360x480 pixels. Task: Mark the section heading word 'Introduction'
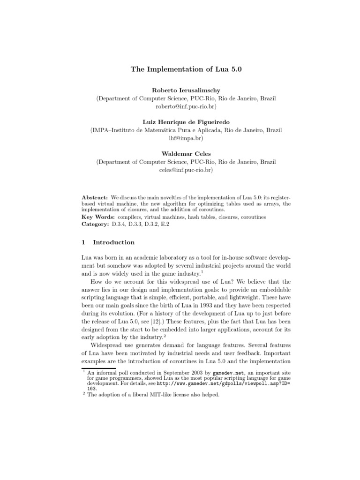pyautogui.click(x=114, y=242)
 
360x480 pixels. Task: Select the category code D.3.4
pyautogui.click(x=119, y=225)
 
